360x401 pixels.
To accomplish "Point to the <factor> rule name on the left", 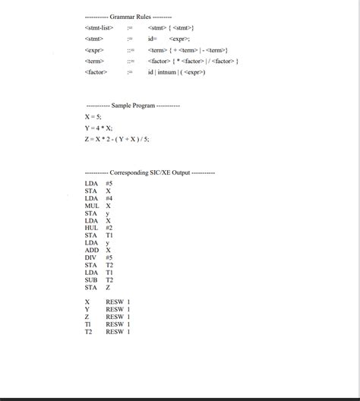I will pos(96,72).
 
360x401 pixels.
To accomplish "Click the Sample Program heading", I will pos(133,105).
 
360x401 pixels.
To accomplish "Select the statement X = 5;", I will pos(93,117).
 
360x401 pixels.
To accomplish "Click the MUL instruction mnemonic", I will pos(92,206).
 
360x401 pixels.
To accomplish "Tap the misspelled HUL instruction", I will pos(92,228).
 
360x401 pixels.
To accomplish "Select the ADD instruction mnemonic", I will pos(92,250).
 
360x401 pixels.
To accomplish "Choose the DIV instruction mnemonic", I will pos(91,257).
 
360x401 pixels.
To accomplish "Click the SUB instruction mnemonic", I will pos(91,279).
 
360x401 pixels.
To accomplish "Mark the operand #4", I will pos(109,198).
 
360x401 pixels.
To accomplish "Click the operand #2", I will pos(109,228).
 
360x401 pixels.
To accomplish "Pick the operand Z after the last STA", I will pos(108,287).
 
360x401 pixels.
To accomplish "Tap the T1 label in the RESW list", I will pos(89,324).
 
